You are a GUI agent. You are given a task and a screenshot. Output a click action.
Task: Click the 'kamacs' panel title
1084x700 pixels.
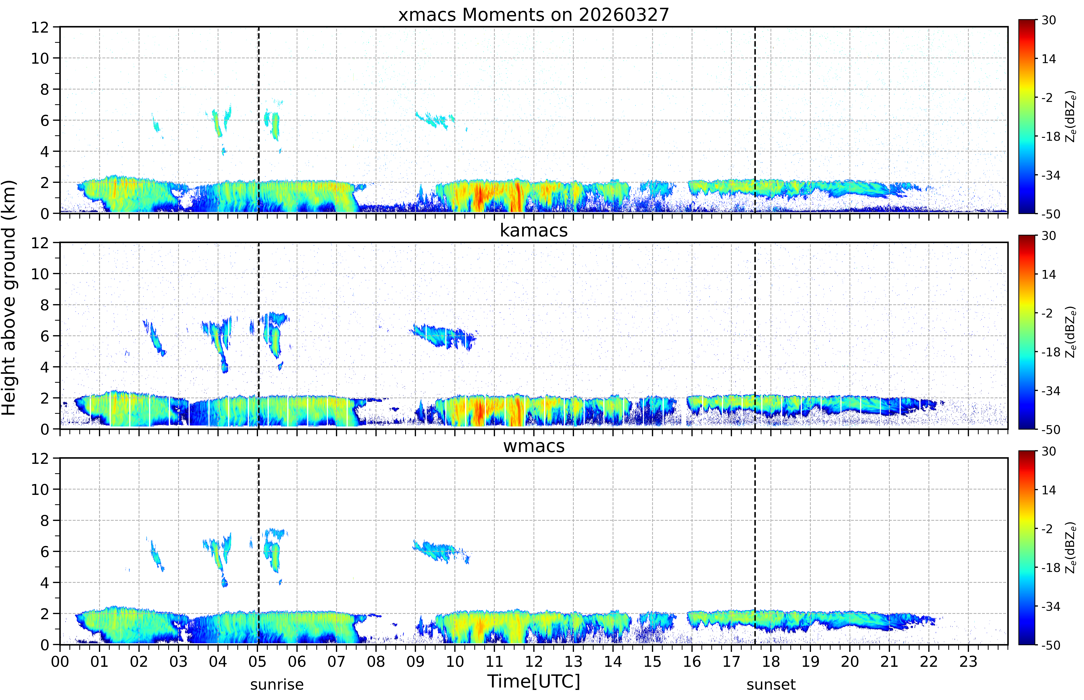[x=534, y=230]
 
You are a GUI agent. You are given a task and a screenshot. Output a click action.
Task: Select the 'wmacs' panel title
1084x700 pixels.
[x=534, y=446]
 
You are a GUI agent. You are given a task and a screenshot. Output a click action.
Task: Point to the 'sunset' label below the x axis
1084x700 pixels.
[x=771, y=684]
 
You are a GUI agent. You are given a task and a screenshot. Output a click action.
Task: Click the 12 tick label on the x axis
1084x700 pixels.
[x=534, y=661]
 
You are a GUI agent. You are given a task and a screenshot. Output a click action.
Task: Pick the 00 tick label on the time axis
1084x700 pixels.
[x=60, y=661]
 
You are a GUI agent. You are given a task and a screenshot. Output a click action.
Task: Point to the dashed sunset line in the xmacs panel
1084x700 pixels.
[x=755, y=120]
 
